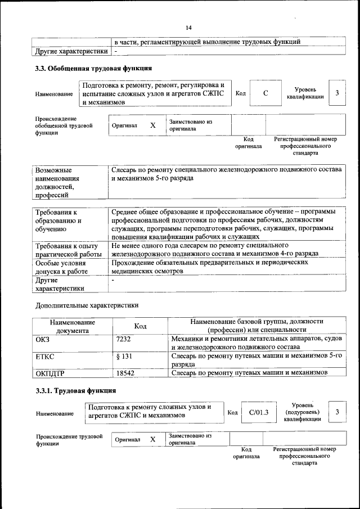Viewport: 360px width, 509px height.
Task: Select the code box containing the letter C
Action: [265, 93]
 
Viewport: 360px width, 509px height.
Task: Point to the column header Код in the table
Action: [140, 326]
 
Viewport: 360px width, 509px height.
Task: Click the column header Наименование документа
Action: [71, 326]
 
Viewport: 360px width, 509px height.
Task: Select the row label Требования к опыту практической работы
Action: [68, 250]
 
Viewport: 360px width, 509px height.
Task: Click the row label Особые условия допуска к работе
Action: [63, 267]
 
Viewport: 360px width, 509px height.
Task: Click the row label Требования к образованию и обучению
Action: [58, 221]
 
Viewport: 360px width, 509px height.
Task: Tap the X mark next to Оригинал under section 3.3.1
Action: [152, 439]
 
